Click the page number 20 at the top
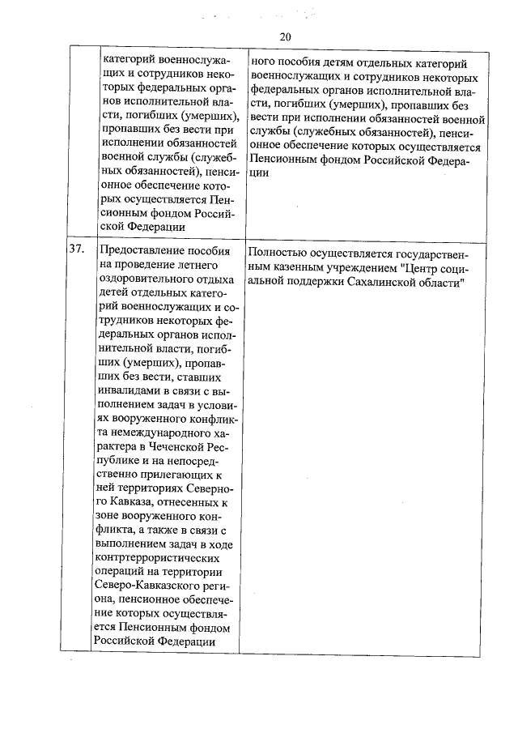(285, 36)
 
